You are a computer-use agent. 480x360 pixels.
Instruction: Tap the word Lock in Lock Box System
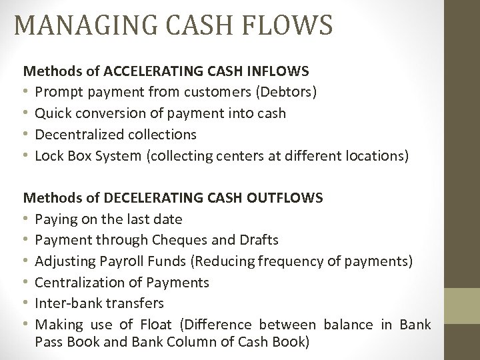(x=49, y=157)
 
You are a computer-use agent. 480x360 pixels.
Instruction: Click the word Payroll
(x=121, y=261)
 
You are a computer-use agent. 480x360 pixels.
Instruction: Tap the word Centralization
(x=79, y=283)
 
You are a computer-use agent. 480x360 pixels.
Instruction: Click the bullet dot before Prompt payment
(x=27, y=91)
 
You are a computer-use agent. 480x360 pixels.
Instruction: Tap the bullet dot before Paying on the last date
(x=27, y=218)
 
